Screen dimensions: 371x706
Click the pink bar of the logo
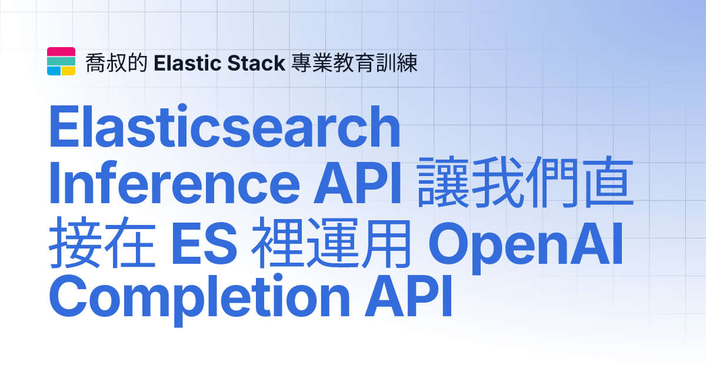[x=61, y=51]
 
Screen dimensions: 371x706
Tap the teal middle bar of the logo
[x=61, y=61]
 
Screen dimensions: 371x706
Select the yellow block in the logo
[x=69, y=71]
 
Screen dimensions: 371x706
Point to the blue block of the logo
[x=54, y=71]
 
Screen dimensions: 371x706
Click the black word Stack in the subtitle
[x=259, y=62]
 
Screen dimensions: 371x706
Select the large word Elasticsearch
[x=224, y=128]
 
